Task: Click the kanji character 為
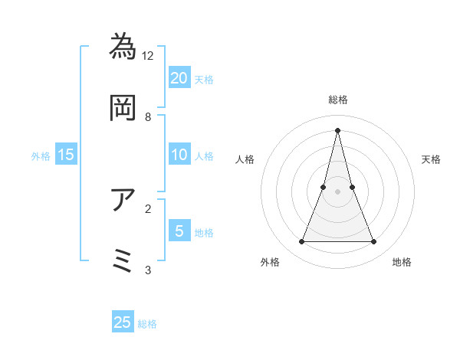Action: click(123, 46)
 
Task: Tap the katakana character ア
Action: click(123, 199)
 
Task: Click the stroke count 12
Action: click(148, 56)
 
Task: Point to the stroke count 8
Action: click(148, 117)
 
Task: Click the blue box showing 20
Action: click(179, 77)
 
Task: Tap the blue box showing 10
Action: click(179, 155)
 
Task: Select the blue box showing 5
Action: click(179, 231)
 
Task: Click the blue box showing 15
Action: click(66, 155)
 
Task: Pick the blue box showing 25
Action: click(123, 322)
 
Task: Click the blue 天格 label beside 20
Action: click(204, 79)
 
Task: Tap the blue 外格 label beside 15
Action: click(41, 156)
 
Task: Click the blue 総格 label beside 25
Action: click(147, 324)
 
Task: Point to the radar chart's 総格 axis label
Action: click(337, 100)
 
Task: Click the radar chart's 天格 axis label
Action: click(431, 159)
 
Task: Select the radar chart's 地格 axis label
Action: click(402, 263)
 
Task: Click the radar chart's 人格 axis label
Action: click(245, 159)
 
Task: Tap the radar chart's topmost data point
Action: click(337, 129)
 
